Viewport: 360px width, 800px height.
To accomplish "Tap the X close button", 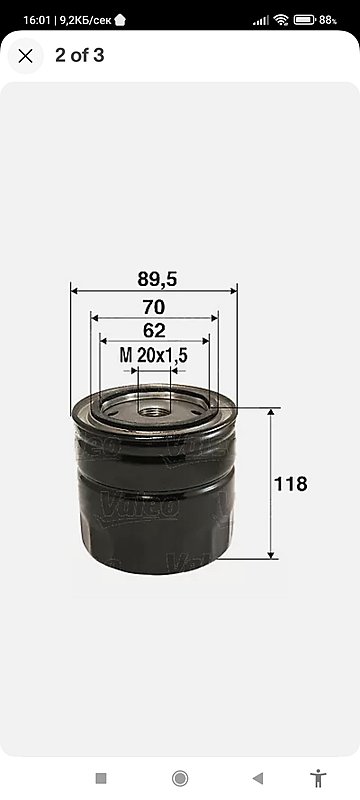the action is pos(25,56).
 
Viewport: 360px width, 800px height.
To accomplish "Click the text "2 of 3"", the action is pos(80,56).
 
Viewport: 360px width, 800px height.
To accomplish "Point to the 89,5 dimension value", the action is pos(157,279).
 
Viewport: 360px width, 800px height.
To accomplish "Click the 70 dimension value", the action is pos(154,307).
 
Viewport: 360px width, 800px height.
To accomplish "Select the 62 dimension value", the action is pos(154,330).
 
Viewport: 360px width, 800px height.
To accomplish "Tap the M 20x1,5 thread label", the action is pos(153,355).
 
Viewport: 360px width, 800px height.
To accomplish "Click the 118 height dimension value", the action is pos(291,484).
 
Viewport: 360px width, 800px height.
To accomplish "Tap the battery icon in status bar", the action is pos(304,20).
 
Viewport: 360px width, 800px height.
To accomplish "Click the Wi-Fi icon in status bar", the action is pos(281,20).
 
